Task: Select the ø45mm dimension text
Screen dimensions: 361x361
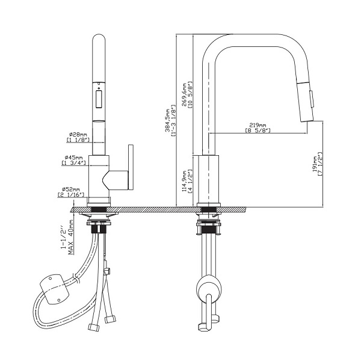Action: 73,158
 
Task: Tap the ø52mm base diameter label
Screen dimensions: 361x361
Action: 71,190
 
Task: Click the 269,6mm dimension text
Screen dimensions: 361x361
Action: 184,94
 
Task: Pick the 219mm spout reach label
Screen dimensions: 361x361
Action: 258,125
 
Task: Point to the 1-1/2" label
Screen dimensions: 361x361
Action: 64,239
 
